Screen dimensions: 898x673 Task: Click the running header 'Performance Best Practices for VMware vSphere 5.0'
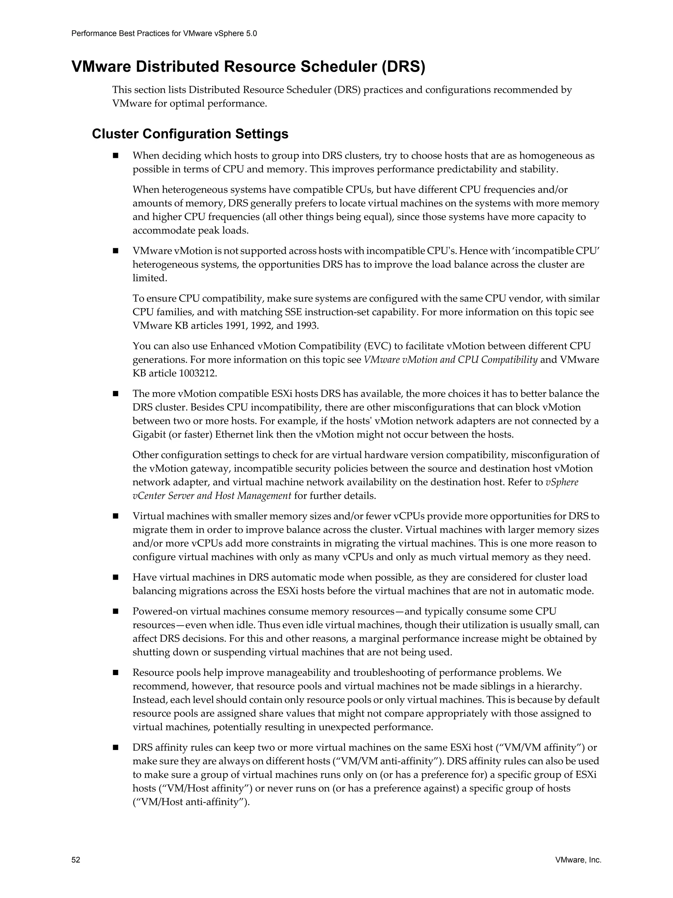[164, 34]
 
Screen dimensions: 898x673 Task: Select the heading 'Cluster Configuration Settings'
[190, 134]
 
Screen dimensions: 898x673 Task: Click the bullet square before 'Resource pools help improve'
[116, 673]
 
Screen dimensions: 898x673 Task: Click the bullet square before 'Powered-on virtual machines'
[116, 611]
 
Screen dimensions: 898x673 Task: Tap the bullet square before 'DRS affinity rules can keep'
[116, 747]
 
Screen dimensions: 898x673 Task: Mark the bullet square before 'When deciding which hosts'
[116, 156]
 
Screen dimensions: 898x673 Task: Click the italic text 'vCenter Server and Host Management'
[212, 496]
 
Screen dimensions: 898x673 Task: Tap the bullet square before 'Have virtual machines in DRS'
[116, 577]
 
